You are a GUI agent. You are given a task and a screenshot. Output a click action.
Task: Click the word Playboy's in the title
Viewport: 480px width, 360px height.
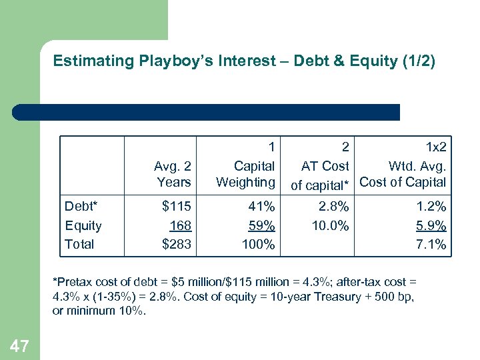(x=172, y=61)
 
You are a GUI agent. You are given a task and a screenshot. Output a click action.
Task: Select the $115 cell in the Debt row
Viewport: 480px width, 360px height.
(x=177, y=207)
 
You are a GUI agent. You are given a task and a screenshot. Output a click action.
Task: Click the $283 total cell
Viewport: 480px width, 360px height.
(x=177, y=244)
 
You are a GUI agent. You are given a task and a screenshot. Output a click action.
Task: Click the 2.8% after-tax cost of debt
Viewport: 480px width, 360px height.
(x=332, y=207)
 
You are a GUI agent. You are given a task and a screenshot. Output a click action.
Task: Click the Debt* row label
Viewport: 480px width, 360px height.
(x=82, y=207)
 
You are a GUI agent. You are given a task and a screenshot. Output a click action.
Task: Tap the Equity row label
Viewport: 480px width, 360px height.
(x=83, y=225)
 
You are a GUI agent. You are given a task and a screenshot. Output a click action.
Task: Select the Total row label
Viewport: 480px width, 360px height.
(x=79, y=244)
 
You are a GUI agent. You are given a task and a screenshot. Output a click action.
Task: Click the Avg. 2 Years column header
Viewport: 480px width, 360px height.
(x=173, y=173)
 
